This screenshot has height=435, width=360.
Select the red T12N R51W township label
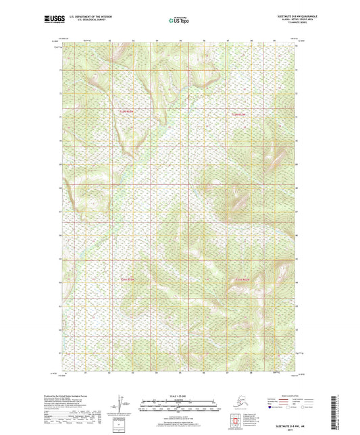pyautogui.click(x=240, y=115)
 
